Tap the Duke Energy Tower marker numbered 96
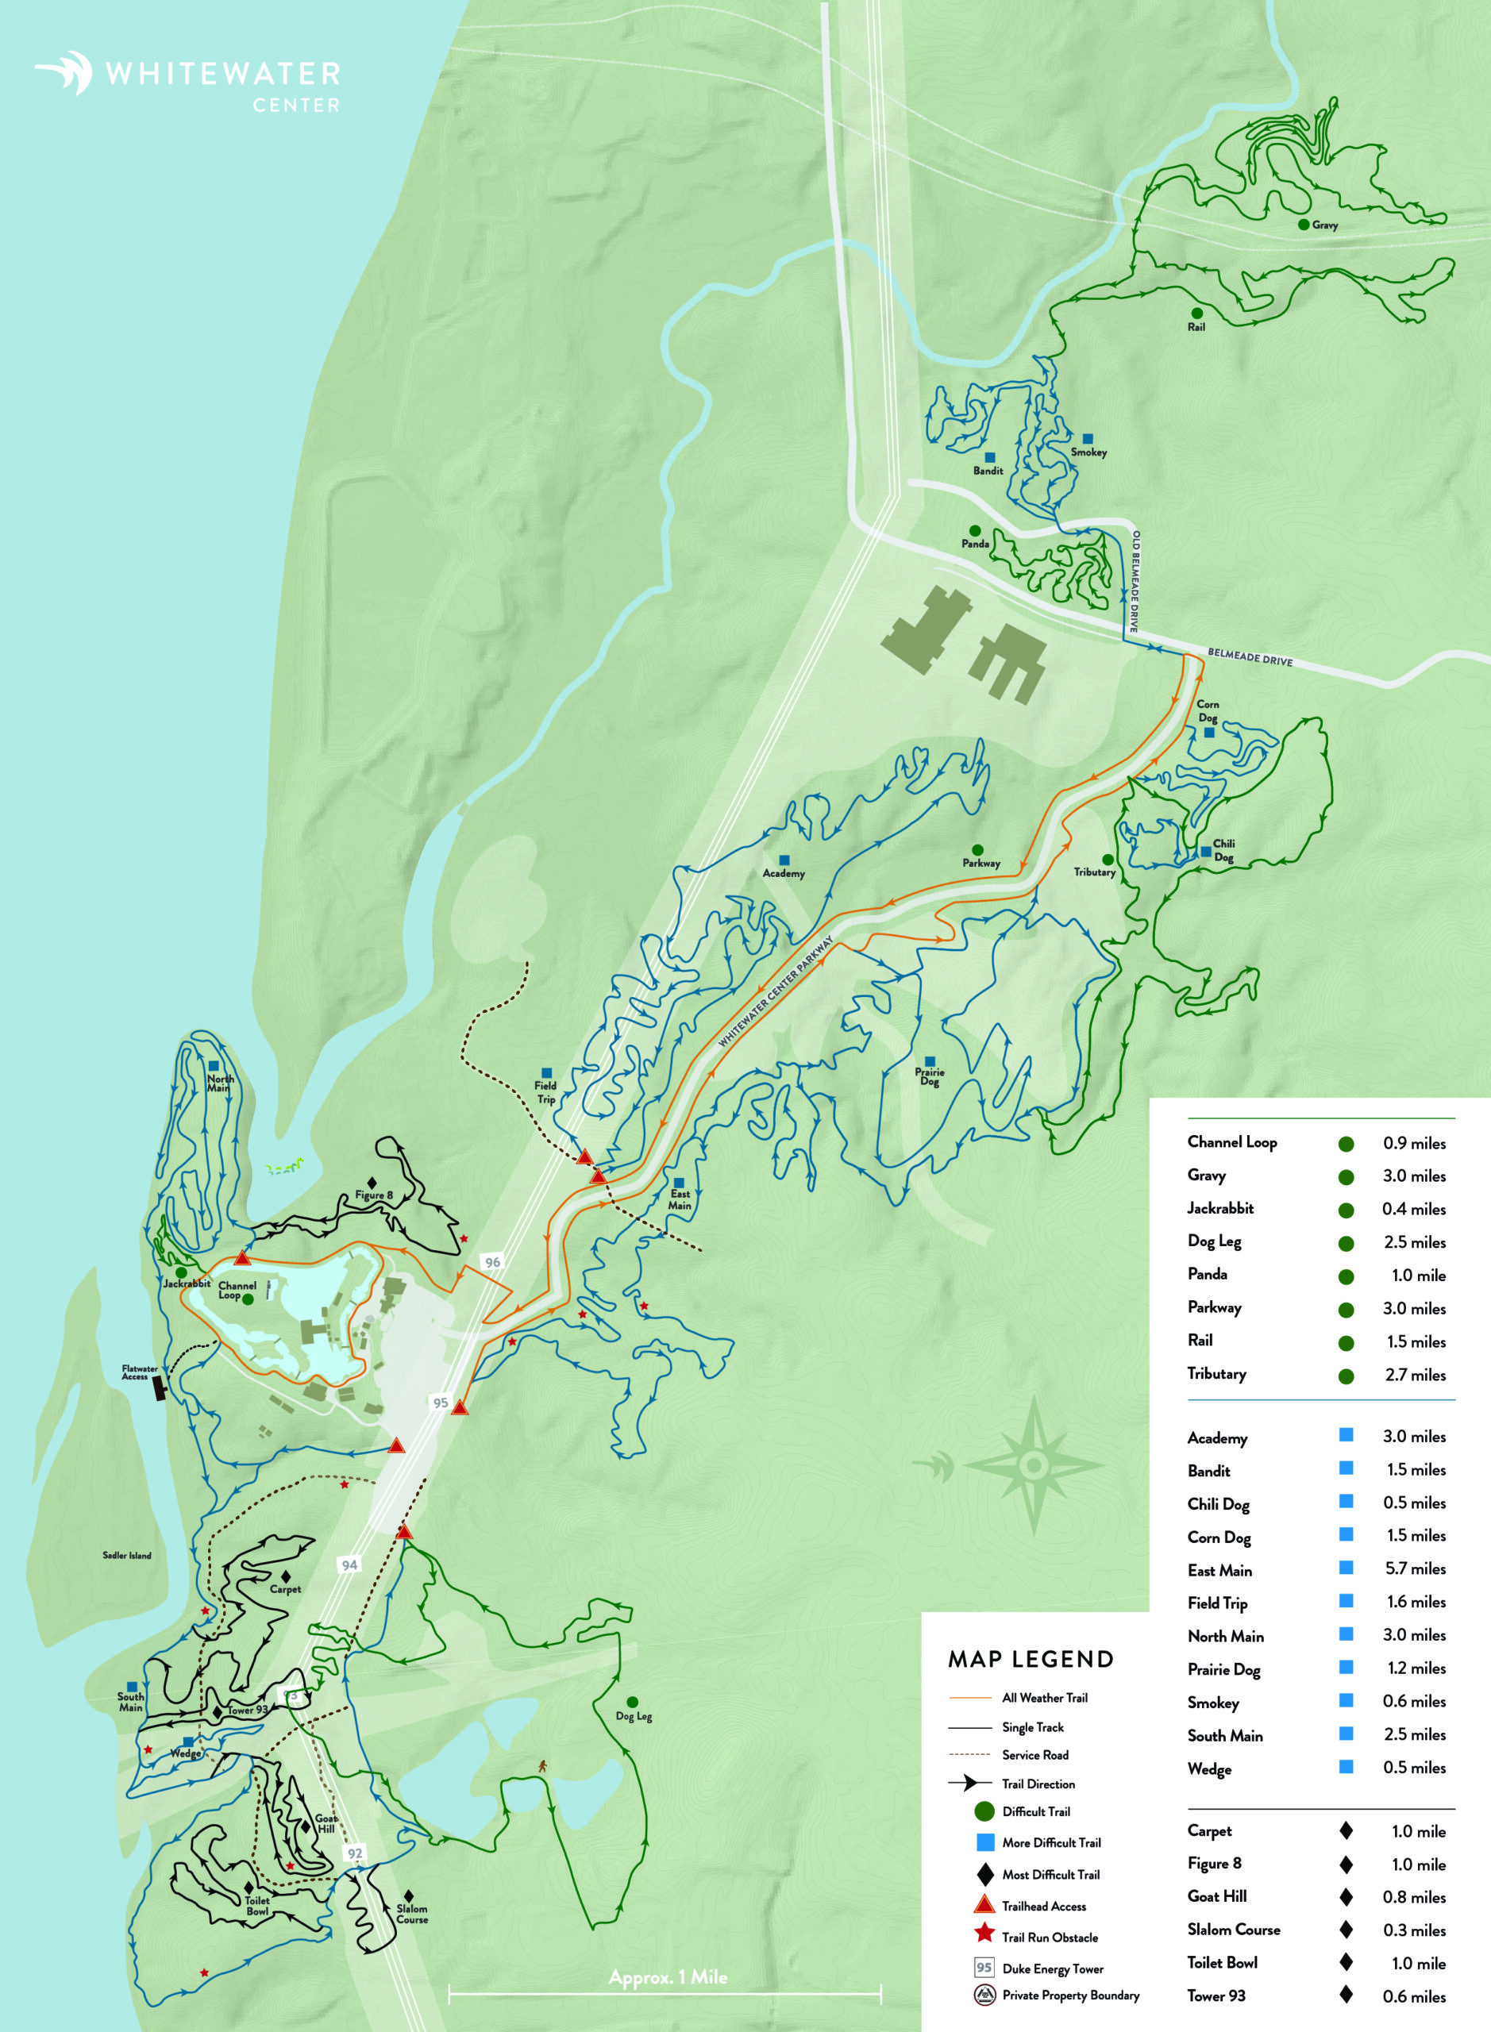[x=492, y=1262]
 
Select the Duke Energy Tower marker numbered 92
[x=355, y=1853]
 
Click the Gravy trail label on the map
[x=1324, y=225]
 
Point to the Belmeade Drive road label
[x=1250, y=657]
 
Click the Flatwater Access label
[x=140, y=1372]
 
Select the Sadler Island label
[x=127, y=1556]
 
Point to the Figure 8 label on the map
[x=374, y=1195]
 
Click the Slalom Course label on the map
[x=411, y=1914]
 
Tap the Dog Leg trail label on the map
[x=634, y=1716]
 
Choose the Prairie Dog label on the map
[x=930, y=1076]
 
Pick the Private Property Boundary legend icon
[x=984, y=1995]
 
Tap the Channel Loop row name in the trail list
[x=1232, y=1142]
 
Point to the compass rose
[x=1034, y=1464]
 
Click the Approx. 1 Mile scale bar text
[x=668, y=1977]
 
